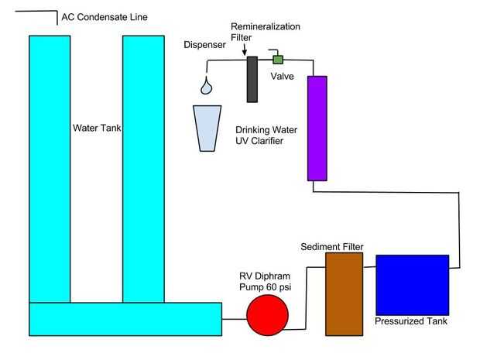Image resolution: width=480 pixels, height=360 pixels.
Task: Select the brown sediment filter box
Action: pos(345,294)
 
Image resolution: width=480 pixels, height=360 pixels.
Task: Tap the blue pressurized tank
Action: pos(412,283)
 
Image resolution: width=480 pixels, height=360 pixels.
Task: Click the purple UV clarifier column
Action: pos(317,128)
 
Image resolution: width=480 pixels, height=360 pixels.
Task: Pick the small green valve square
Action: pos(277,59)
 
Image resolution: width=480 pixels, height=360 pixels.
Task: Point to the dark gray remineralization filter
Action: pos(252,79)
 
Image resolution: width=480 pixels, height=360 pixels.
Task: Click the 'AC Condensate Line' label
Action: pos(105,17)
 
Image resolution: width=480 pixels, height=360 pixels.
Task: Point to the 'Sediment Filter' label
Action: pos(331,246)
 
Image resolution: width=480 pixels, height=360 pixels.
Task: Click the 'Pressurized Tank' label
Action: pos(411,321)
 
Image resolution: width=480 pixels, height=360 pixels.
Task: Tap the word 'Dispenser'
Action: pos(204,45)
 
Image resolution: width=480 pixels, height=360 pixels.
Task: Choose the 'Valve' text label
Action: pos(282,76)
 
